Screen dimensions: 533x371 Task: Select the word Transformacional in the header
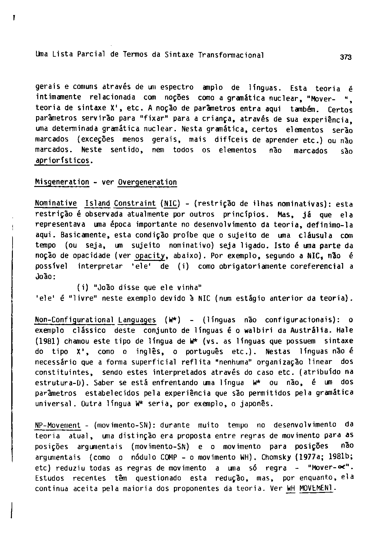tap(231, 55)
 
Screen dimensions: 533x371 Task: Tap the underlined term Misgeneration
tap(62, 182)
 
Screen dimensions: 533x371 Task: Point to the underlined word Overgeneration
tap(148, 182)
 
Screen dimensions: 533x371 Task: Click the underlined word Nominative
tap(56, 204)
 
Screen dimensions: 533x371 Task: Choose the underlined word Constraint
tap(135, 204)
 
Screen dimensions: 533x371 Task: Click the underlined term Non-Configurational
tap(75, 320)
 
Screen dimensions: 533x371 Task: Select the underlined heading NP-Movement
tap(58, 425)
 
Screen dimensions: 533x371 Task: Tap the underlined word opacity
tap(150, 256)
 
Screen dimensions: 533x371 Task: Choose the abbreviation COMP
tap(169, 458)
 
